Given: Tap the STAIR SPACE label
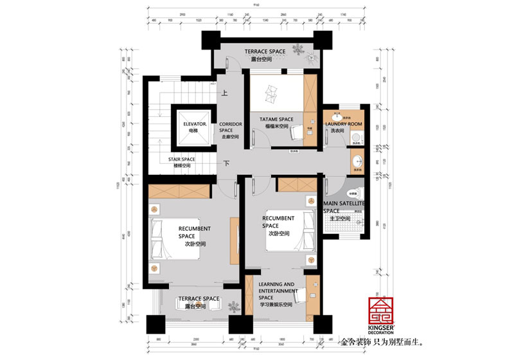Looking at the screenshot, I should point(182,159).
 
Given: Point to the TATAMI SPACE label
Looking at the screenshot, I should point(276,119).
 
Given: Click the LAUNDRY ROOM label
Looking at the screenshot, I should point(344,123).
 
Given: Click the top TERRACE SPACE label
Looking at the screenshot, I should point(265,51).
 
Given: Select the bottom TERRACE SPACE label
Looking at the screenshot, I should point(199,299).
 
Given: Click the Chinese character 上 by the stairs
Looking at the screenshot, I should point(225,93).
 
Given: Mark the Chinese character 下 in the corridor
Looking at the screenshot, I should point(227,163).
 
